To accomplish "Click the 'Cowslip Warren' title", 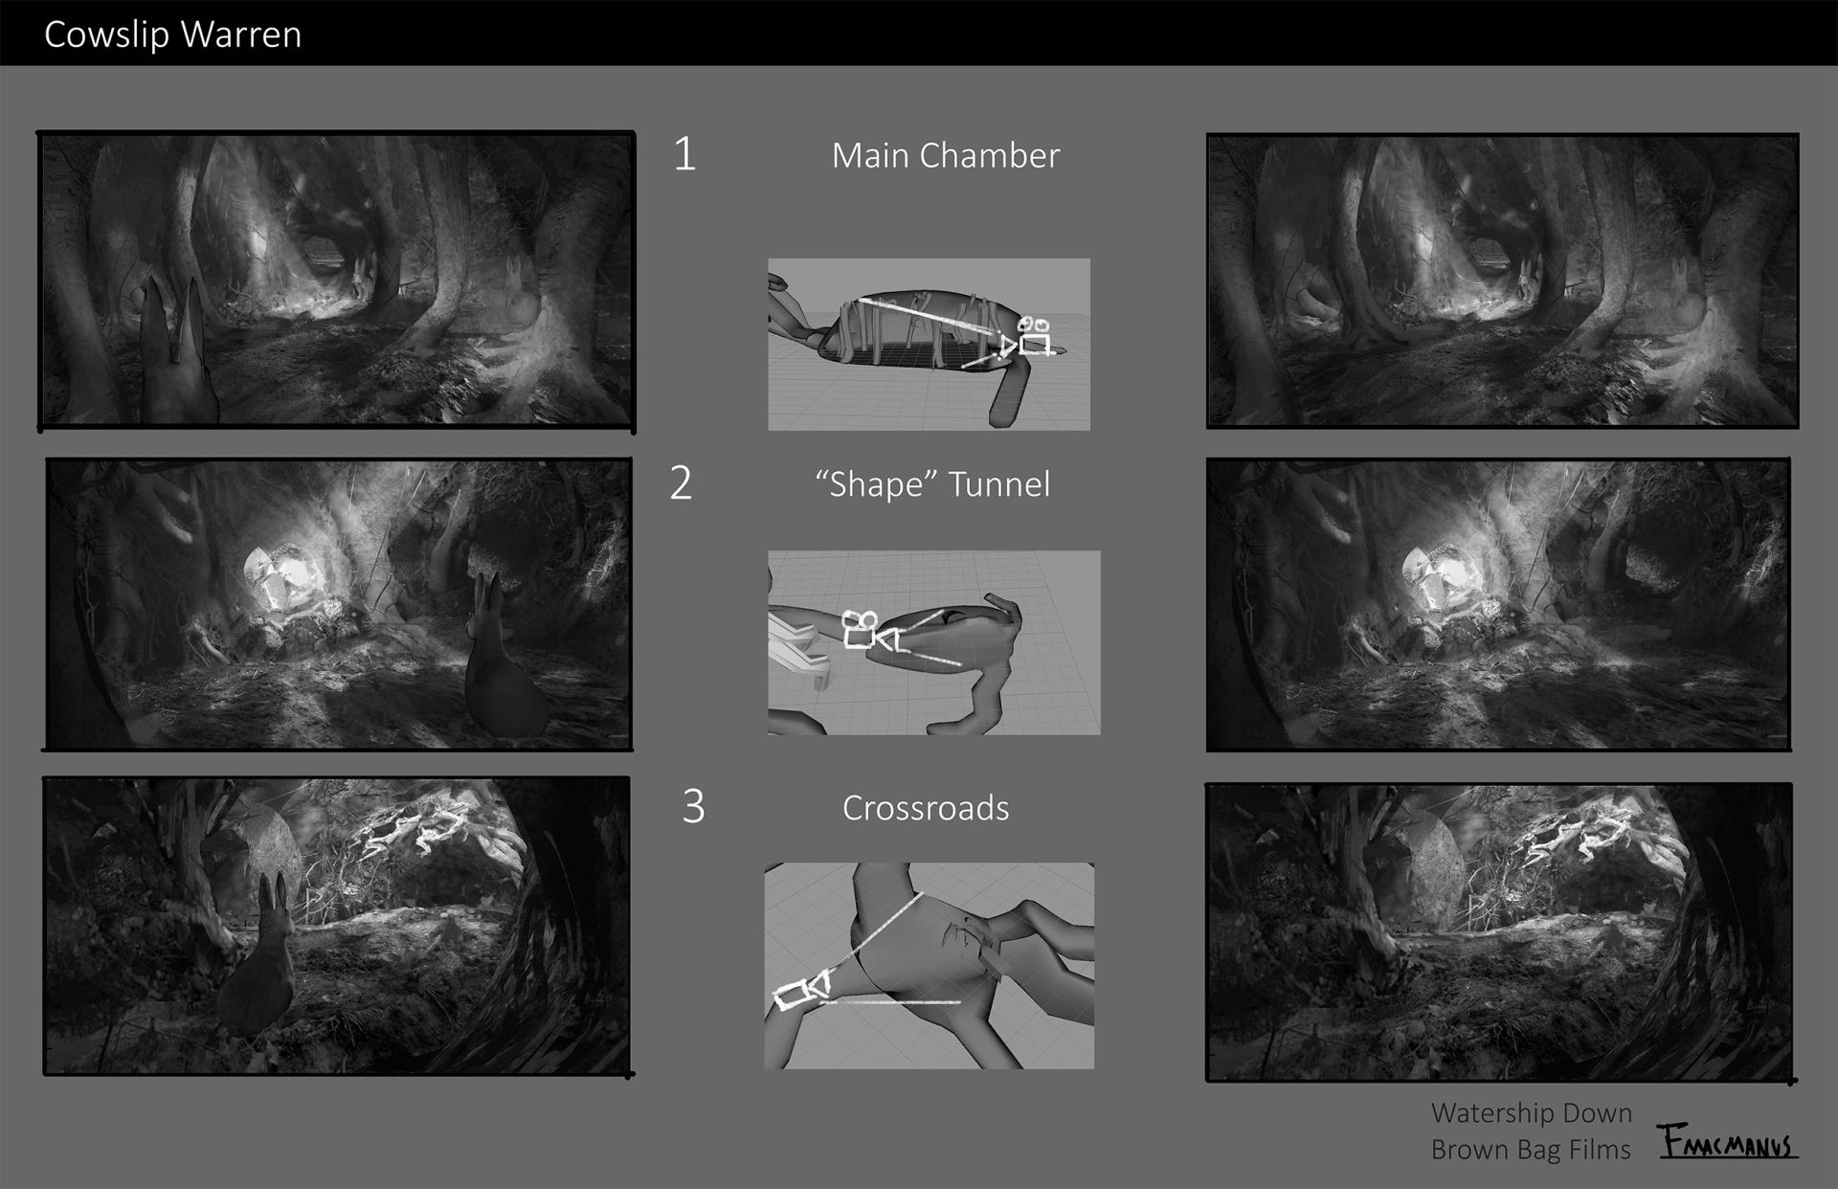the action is click(x=173, y=34).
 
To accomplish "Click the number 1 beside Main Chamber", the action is click(x=684, y=154).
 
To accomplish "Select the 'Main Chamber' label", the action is click(x=946, y=156).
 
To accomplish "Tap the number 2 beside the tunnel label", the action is click(x=681, y=483).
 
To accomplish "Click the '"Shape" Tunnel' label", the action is click(x=933, y=484).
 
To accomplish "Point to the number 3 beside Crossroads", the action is click(x=694, y=806).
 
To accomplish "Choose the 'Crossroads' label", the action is click(x=926, y=808).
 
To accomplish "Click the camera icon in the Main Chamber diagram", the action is click(x=1030, y=336).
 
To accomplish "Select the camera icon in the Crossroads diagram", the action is click(x=802, y=992).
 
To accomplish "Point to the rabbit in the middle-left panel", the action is click(x=504, y=660).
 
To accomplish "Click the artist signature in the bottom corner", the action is click(x=1728, y=1141).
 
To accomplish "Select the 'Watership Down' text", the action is click(x=1532, y=1113).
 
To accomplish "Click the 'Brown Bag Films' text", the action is click(x=1531, y=1150).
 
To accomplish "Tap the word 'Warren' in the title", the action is click(x=241, y=34).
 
